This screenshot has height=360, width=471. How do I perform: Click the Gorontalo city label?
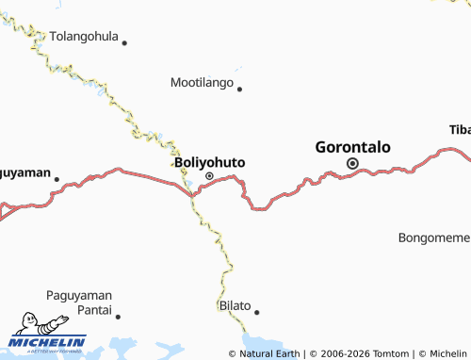click(x=352, y=147)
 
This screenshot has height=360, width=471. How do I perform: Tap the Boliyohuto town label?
click(x=209, y=162)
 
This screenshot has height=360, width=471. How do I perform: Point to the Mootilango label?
click(x=202, y=83)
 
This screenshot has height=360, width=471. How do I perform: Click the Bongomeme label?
click(x=434, y=237)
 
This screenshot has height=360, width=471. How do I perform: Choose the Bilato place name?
click(x=235, y=305)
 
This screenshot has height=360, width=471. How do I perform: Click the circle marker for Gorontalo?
click(x=353, y=164)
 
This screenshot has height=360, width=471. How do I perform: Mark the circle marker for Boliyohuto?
click(x=209, y=176)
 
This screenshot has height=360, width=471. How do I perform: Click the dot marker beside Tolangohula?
click(x=124, y=42)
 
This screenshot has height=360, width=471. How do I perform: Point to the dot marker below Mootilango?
click(x=240, y=90)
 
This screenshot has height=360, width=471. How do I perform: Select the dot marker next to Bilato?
click(x=256, y=311)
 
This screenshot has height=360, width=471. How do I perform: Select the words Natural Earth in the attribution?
click(x=270, y=353)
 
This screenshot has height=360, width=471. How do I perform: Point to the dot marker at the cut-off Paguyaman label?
click(x=57, y=178)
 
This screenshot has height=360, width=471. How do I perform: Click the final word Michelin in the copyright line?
click(x=447, y=353)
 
